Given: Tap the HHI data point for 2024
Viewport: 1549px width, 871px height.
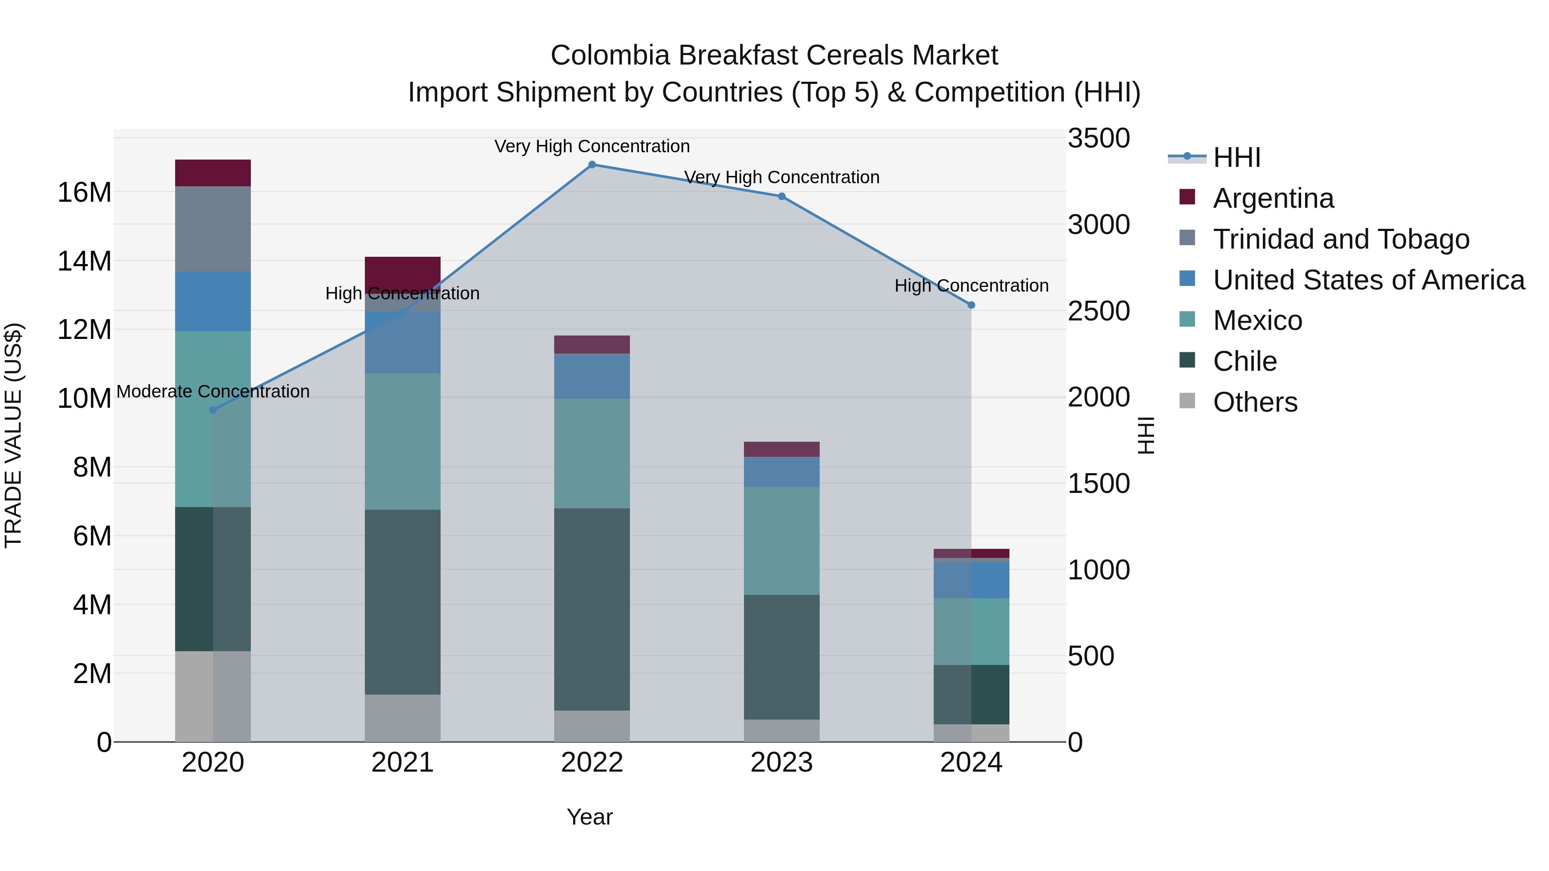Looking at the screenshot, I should (971, 305).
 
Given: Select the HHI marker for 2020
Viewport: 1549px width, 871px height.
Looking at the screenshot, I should (213, 410).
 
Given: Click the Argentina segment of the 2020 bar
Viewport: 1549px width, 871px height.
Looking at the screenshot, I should (213, 173).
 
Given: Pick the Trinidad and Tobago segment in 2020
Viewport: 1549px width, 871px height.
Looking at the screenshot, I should (213, 228).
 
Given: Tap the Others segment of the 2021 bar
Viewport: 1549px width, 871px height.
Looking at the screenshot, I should (402, 718).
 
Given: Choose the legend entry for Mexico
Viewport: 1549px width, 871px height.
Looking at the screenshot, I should (1257, 320).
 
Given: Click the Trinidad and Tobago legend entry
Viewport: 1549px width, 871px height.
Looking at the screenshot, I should (1341, 239).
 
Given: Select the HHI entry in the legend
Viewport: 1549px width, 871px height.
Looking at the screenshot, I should (1236, 157).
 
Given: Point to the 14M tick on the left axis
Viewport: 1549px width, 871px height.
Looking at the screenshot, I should (84, 262).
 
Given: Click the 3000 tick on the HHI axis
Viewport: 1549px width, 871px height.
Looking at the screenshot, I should (1098, 225).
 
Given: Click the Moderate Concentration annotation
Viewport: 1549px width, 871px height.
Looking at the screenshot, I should (213, 391).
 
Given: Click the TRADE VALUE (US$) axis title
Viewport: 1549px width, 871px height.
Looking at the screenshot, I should (13, 435).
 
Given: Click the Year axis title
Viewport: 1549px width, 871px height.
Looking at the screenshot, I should (589, 817).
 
